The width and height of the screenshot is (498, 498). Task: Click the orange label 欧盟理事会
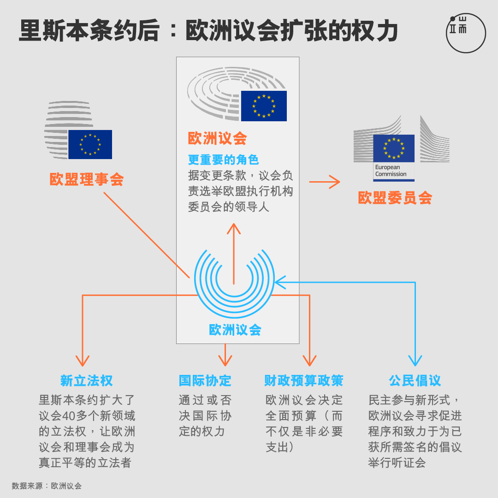tap(87, 179)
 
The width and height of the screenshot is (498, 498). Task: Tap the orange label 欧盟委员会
tap(395, 198)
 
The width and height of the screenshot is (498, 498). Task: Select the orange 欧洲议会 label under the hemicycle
tap(217, 138)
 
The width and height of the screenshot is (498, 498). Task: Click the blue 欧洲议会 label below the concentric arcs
tap(235, 330)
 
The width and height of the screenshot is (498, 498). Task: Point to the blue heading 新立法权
tap(87, 380)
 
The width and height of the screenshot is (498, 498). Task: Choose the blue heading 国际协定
tap(205, 380)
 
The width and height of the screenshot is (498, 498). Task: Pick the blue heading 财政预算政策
tap(303, 380)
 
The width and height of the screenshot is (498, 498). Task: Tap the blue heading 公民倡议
tap(415, 380)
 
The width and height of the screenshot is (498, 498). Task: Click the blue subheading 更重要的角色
tap(223, 160)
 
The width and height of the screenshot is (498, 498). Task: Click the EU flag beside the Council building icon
tap(90, 144)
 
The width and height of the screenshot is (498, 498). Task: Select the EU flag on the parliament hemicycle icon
tap(264, 106)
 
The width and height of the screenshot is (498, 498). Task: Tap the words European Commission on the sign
tap(391, 171)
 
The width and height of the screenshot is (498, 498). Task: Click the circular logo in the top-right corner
tap(466, 33)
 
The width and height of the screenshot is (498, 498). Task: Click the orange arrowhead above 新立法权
tap(83, 361)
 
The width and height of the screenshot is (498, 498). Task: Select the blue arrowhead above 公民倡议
tap(415, 361)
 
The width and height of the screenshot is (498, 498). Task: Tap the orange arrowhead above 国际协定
tap(225, 361)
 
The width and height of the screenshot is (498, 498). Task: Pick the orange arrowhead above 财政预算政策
tap(309, 361)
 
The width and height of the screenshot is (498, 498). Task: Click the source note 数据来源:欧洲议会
tap(47, 486)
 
